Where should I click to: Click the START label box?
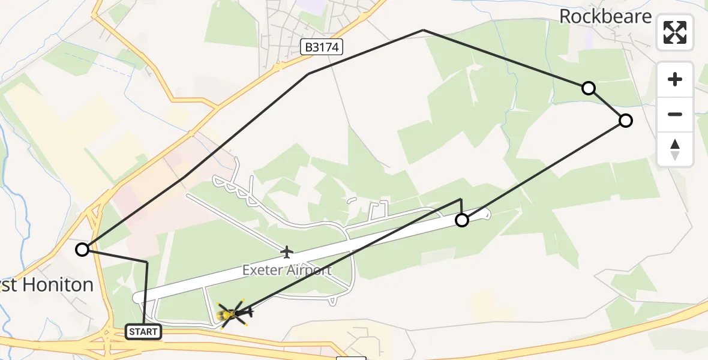click(x=143, y=331)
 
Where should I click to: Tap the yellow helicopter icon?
click(x=233, y=313)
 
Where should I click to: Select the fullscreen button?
click(x=675, y=32)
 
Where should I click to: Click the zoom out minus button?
click(x=675, y=114)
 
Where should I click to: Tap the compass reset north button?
click(x=675, y=149)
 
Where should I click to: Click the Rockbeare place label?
click(x=605, y=16)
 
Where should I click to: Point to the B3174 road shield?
click(x=322, y=47)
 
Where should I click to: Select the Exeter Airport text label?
click(x=287, y=270)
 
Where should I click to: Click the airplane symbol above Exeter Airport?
click(x=287, y=252)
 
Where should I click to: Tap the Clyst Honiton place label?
click(x=48, y=284)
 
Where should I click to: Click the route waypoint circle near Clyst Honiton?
click(x=82, y=249)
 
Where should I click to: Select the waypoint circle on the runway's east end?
click(x=461, y=220)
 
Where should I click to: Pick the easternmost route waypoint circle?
click(x=625, y=121)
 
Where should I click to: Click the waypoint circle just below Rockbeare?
click(x=589, y=88)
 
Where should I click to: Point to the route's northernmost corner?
click(x=424, y=29)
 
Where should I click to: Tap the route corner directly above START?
click(x=147, y=262)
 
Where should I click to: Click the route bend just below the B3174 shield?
click(x=308, y=74)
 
